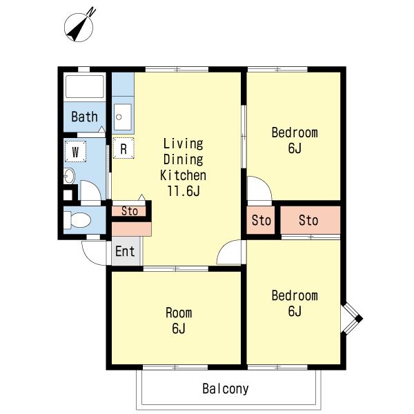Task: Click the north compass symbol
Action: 79,27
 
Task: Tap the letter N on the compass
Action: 92,12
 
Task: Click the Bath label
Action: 84,117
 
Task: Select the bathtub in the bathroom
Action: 84,87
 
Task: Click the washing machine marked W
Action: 75,152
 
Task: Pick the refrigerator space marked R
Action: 124,148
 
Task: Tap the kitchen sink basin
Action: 123,117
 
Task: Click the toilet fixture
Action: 77,220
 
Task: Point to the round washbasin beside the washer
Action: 69,176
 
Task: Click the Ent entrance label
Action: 125,251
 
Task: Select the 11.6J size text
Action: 184,191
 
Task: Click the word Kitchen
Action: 184,175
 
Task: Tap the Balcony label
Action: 226,388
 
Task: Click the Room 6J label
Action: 179,321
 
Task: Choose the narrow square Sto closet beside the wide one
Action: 261,220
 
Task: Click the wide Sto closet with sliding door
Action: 310,220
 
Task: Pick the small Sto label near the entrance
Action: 130,211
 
